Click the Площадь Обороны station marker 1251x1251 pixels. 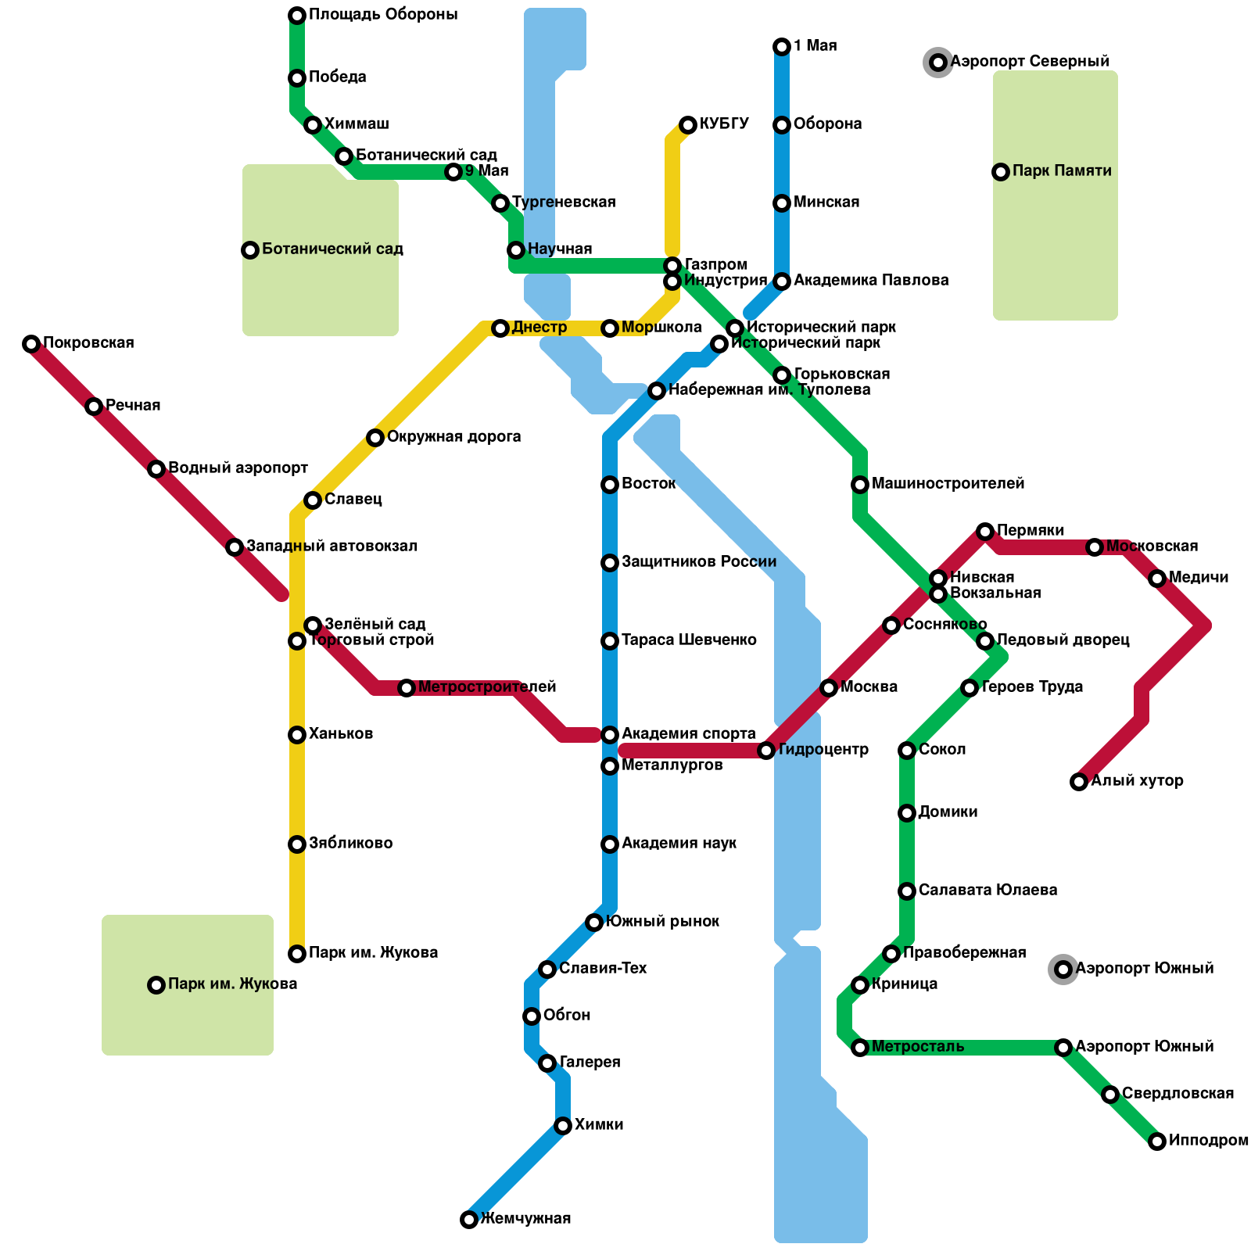point(297,16)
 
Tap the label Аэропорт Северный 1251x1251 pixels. point(1029,62)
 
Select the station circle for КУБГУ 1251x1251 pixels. point(688,125)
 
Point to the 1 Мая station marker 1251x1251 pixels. point(782,47)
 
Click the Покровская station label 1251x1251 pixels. point(88,343)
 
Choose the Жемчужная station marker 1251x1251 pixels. point(469,1220)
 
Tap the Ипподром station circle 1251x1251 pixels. point(1157,1142)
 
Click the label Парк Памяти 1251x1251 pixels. point(1061,171)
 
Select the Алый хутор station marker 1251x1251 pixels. point(1079,782)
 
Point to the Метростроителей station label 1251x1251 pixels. point(486,687)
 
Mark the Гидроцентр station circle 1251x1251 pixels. point(766,751)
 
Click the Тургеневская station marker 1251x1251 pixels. point(500,203)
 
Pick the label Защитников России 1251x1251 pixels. point(698,562)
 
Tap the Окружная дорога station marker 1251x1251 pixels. point(375,438)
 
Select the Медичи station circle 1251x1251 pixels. point(1157,579)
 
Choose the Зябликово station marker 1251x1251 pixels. point(297,844)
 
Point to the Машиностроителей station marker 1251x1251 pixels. point(860,485)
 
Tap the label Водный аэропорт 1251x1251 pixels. point(238,468)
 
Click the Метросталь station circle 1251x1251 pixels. point(860,1048)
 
